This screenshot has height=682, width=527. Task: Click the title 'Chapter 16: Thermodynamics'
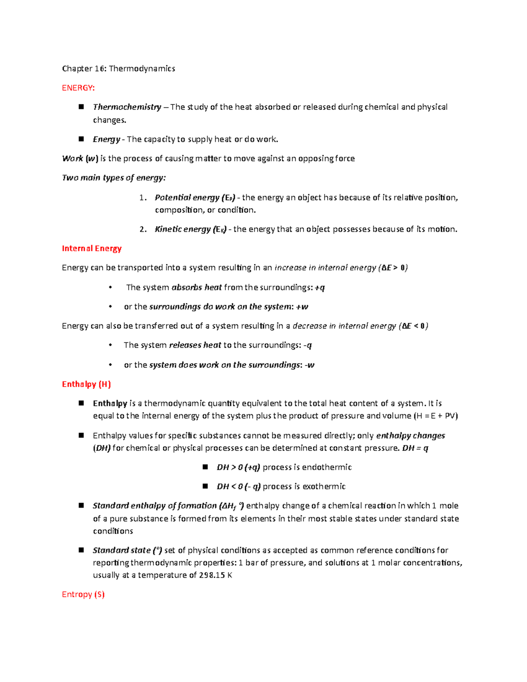point(118,69)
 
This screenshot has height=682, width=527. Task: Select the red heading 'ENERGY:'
point(78,88)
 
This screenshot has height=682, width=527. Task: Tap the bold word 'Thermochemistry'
point(127,107)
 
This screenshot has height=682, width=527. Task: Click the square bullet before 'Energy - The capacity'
point(81,139)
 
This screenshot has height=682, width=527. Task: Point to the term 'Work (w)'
point(80,159)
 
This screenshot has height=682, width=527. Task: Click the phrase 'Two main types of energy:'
point(114,178)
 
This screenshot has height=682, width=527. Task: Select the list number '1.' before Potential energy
point(143,198)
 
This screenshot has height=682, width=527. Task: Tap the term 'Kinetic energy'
point(183,229)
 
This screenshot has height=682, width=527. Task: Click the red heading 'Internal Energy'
point(91,249)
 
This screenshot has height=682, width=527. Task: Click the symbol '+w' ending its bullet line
point(302,307)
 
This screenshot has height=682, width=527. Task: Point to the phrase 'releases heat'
point(195,345)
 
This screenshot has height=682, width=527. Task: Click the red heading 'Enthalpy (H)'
point(86,384)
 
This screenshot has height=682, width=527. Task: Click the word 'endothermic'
point(326,467)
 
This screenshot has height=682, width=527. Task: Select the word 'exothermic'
point(323,487)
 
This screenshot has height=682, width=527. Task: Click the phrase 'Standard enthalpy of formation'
point(155,506)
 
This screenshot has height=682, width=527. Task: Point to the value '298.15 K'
point(215,575)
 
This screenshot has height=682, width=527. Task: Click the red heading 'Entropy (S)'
point(83,595)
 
